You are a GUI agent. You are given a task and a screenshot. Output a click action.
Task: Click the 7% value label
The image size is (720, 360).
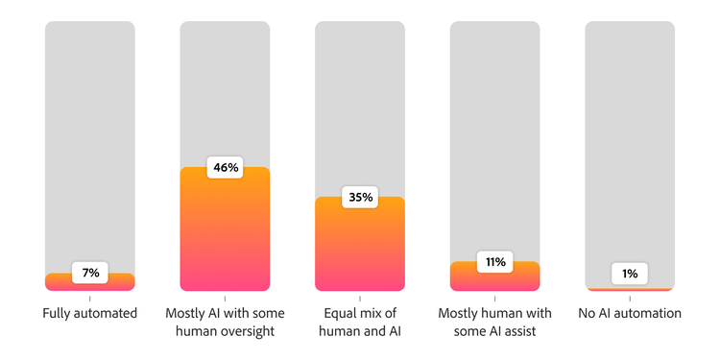[90, 274]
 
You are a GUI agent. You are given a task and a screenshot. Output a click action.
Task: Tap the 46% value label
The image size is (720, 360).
[226, 167]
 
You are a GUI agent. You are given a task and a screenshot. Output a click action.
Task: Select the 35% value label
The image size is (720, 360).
[360, 198]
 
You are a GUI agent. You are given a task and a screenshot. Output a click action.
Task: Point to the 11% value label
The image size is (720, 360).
[495, 262]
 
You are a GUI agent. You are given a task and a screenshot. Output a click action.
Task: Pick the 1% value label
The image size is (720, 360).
[630, 274]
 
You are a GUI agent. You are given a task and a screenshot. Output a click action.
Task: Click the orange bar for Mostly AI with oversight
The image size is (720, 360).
[226, 235]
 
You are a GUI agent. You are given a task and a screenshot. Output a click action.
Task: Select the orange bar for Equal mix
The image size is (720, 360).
[360, 250]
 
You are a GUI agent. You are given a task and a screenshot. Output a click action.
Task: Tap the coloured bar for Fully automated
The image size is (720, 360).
[90, 285]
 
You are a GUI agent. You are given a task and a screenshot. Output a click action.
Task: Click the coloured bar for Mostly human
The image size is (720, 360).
[495, 280]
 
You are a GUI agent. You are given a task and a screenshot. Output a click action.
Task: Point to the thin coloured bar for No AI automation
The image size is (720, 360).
[630, 289]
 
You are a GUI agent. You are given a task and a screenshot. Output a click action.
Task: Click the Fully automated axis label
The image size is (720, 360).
[90, 313]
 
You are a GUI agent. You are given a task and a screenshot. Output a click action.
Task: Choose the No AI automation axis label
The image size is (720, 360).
[630, 313]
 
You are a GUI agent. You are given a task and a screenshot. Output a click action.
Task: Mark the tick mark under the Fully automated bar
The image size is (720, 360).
[90, 299]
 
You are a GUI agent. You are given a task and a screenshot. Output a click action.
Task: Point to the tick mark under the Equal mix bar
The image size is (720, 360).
[360, 299]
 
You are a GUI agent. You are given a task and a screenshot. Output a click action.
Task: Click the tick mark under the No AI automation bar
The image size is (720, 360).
[630, 299]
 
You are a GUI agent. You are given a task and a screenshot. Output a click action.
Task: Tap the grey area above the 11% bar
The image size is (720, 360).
[495, 134]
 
